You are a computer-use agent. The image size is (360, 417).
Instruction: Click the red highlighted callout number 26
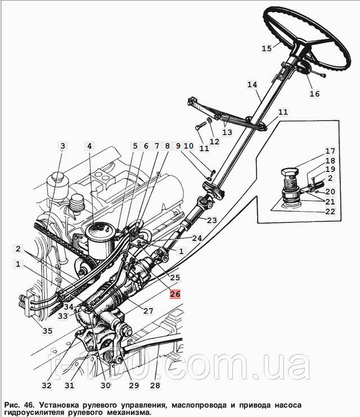(x=175, y=294)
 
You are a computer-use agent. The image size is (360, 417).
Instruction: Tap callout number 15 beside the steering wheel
(x=267, y=48)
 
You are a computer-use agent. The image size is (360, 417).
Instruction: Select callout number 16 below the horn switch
(x=314, y=94)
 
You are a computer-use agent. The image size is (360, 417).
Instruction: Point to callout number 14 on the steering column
(x=252, y=84)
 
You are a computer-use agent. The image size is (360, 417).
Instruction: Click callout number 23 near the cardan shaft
(x=212, y=220)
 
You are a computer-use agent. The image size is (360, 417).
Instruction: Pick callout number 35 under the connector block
(x=48, y=330)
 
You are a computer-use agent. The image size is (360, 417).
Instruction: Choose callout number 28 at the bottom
(x=155, y=385)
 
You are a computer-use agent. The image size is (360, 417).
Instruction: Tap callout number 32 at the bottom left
(x=47, y=385)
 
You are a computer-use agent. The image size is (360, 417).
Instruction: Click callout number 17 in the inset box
(x=330, y=151)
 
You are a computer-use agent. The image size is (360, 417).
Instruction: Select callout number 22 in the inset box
(x=330, y=211)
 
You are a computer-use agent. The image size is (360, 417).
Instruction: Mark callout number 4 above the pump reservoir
(x=89, y=146)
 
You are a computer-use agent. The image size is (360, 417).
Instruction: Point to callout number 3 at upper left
(x=62, y=146)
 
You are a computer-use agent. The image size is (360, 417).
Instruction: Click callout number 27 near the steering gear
(x=148, y=311)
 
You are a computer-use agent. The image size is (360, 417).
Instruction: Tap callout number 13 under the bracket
(x=227, y=132)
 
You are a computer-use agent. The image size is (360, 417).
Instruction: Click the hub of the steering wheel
(x=301, y=49)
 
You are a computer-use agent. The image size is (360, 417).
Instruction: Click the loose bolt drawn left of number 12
(x=201, y=126)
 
